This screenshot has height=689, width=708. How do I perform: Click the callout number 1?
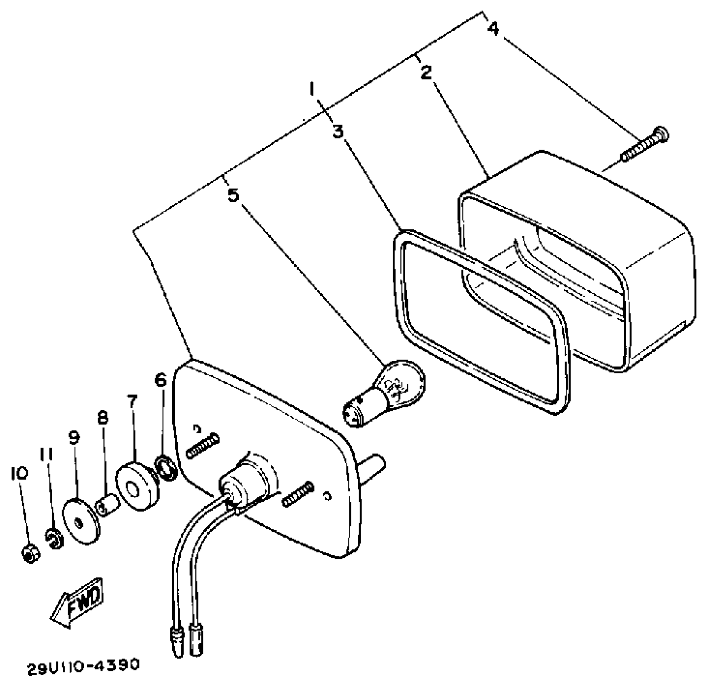click(312, 88)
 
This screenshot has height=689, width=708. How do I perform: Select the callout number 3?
click(338, 132)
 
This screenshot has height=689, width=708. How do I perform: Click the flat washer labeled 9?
click(81, 522)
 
